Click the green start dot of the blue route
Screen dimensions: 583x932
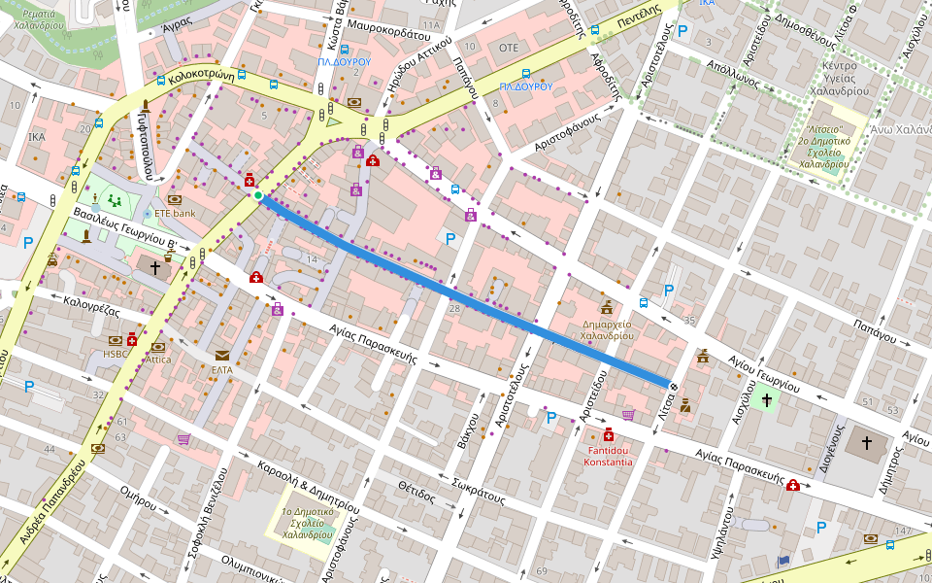pyautogui.click(x=257, y=196)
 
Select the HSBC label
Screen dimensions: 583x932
pyautogui.click(x=116, y=354)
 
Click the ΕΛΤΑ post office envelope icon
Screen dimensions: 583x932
pyautogui.click(x=222, y=356)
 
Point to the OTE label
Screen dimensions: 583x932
pyautogui.click(x=508, y=47)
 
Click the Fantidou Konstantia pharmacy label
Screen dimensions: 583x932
pyautogui.click(x=609, y=455)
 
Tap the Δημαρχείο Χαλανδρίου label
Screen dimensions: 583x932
pyautogui.click(x=607, y=328)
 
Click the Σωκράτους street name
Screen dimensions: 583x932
pyautogui.click(x=478, y=492)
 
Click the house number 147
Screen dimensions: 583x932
pyautogui.click(x=903, y=532)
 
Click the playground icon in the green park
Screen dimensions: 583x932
pyautogui.click(x=116, y=202)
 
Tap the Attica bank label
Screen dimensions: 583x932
pyautogui.click(x=158, y=360)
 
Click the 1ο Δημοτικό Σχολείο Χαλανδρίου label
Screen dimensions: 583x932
pyautogui.click(x=307, y=523)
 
